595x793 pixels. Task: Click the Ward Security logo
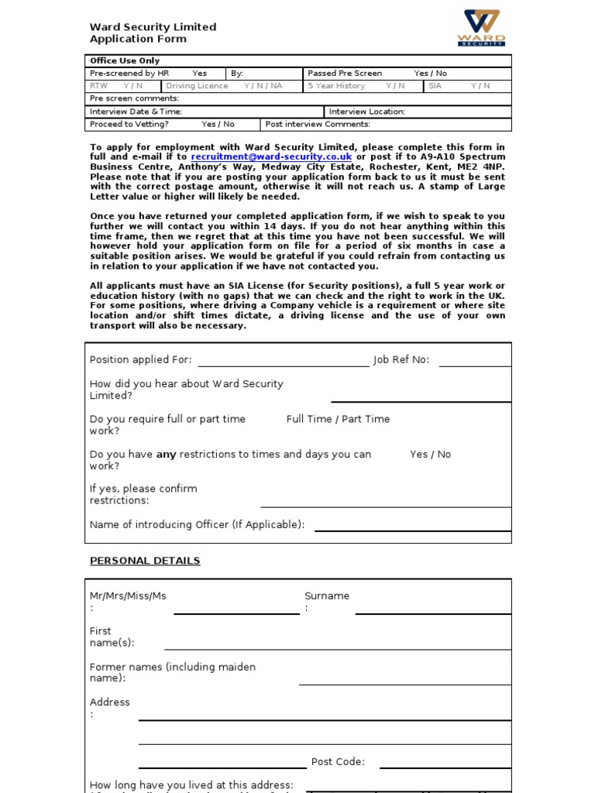click(x=481, y=28)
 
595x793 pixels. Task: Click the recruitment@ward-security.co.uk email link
click(x=271, y=156)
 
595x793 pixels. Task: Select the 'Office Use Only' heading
click(x=125, y=61)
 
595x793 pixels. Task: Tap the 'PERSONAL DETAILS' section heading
click(x=145, y=561)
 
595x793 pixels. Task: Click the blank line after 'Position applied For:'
click(x=284, y=360)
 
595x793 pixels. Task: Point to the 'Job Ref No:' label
click(x=401, y=360)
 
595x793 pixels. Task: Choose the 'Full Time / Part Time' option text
click(x=338, y=419)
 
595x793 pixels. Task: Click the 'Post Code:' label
click(x=338, y=762)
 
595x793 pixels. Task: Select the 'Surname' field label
click(x=327, y=596)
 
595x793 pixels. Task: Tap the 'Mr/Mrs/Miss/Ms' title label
click(x=128, y=596)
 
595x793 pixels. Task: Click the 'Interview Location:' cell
click(x=367, y=112)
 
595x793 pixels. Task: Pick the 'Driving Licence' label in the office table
click(x=197, y=86)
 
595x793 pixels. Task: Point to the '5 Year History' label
click(x=336, y=86)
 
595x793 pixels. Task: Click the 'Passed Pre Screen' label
click(x=345, y=74)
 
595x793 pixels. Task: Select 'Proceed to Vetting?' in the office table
click(x=129, y=124)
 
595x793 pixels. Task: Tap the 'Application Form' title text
click(x=138, y=39)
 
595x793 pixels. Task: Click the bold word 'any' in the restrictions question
click(x=167, y=455)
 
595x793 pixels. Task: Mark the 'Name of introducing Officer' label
click(x=197, y=525)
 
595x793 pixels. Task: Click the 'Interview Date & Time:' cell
click(x=136, y=112)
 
